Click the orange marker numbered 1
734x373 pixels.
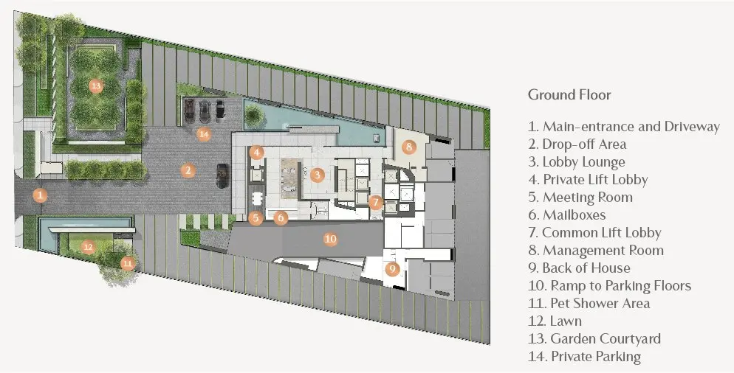[41, 195]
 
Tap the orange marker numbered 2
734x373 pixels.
[188, 170]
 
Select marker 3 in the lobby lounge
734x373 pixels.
[318, 175]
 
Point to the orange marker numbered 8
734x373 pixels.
[408, 147]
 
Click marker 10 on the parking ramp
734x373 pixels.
[331, 240]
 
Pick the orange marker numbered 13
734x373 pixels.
[96, 86]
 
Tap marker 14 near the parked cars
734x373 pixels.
[204, 135]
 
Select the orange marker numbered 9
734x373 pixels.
[392, 269]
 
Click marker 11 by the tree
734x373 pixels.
[128, 264]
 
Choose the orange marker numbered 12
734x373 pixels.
[89, 247]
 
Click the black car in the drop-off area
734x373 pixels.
[222, 175]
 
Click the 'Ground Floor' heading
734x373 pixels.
[569, 95]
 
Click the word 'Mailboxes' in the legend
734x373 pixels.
[574, 215]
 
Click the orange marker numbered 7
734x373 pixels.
[375, 203]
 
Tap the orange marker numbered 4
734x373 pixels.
[256, 153]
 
